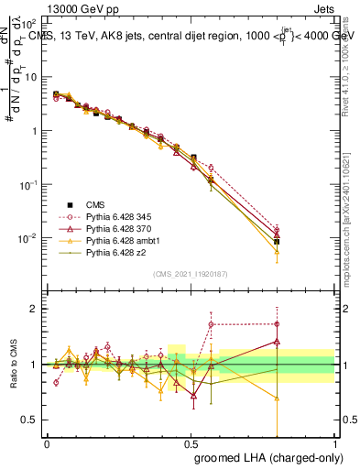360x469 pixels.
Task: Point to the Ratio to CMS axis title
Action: pyautogui.click(x=14, y=365)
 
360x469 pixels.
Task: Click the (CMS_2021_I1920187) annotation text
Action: pyautogui.click(x=190, y=273)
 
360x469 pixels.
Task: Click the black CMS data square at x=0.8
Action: pyautogui.click(x=277, y=242)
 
